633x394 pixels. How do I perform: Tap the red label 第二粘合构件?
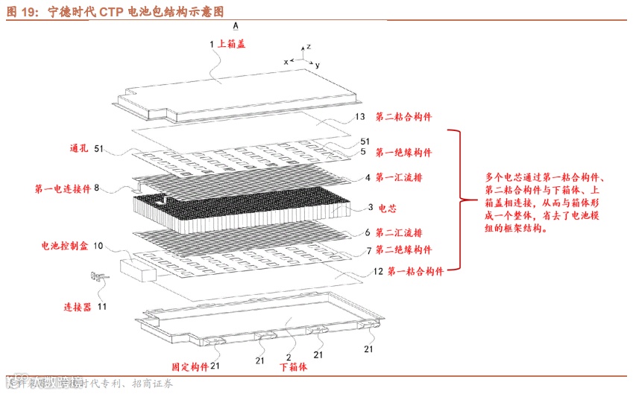403,117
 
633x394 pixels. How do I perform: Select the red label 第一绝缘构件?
403,153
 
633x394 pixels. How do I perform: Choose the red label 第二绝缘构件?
403,249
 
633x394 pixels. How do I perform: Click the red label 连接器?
77,306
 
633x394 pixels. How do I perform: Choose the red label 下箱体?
293,366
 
